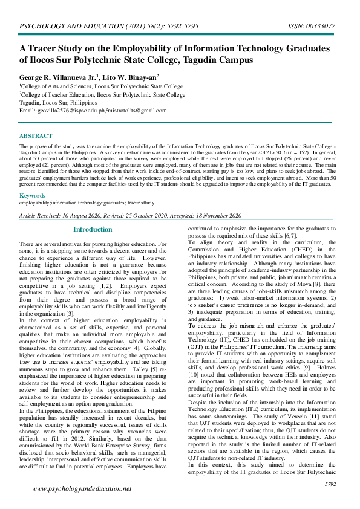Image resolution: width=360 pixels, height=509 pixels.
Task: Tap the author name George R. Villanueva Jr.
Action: tap(57, 77)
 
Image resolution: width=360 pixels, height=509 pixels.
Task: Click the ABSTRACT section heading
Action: tap(35, 136)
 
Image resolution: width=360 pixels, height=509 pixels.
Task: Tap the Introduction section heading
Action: tap(93, 230)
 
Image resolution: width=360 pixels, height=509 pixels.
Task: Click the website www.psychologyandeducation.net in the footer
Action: tap(81, 488)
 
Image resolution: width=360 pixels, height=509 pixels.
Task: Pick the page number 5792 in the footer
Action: tap(330, 485)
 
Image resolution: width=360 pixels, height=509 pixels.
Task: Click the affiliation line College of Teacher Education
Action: tap(103, 95)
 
